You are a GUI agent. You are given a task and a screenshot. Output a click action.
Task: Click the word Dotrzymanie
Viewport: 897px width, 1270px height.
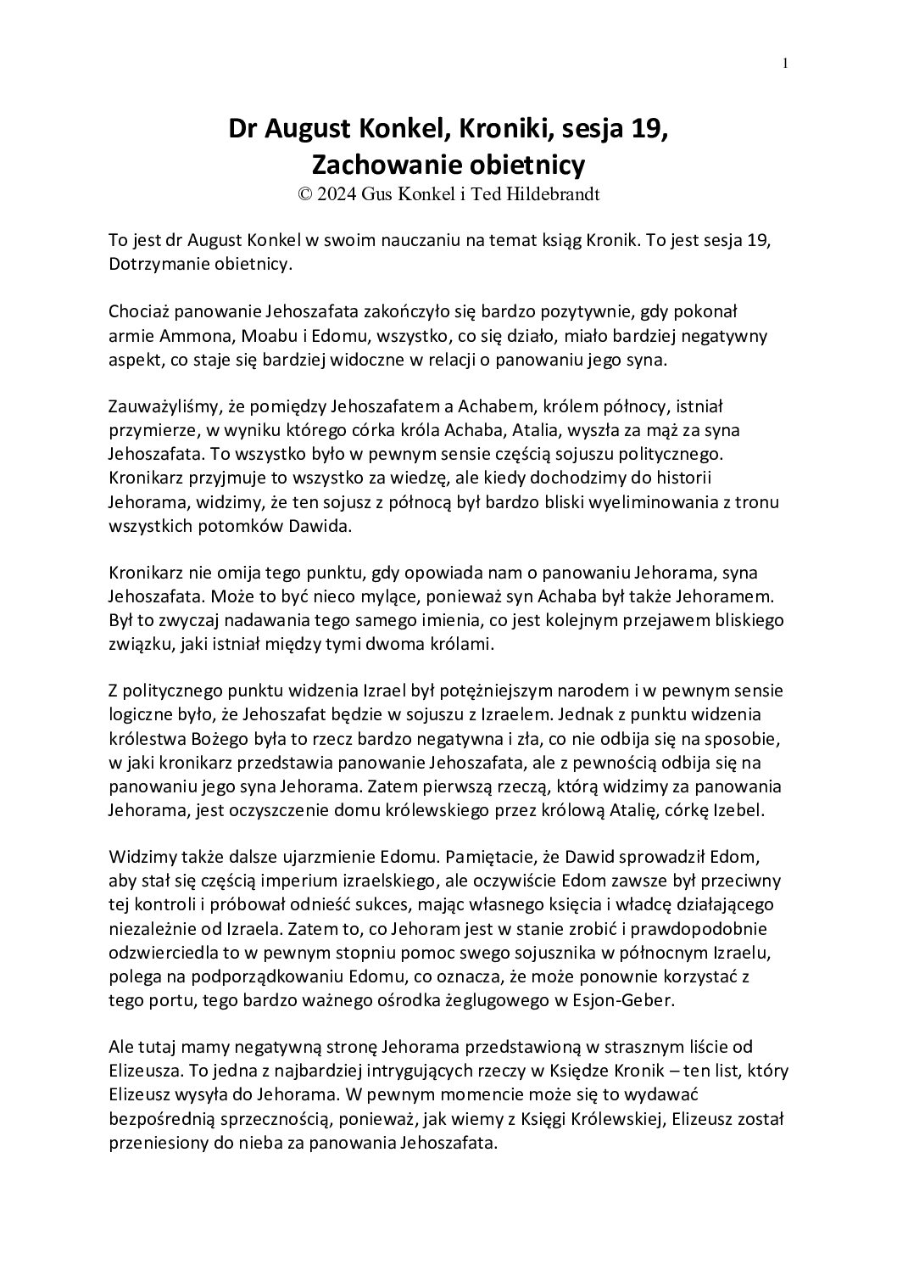159,263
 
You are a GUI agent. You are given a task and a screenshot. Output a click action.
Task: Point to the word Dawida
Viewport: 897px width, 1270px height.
320,526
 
